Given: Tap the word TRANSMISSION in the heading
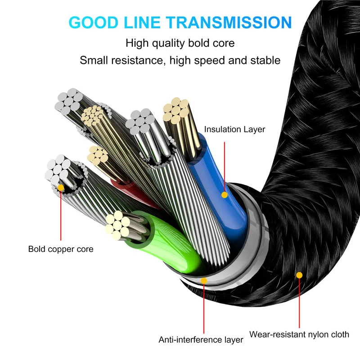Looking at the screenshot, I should (238, 22).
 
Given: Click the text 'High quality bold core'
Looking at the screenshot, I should (180, 44).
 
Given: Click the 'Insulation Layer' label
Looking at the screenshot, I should (234, 130).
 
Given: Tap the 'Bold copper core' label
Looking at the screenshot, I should (61, 248).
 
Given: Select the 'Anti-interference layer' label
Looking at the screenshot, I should (201, 339).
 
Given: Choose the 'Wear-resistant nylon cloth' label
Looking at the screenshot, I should (299, 334).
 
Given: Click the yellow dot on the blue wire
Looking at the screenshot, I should (224, 194).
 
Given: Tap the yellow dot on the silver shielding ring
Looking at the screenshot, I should (204, 281).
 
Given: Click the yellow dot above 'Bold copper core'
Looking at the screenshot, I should (61, 187).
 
